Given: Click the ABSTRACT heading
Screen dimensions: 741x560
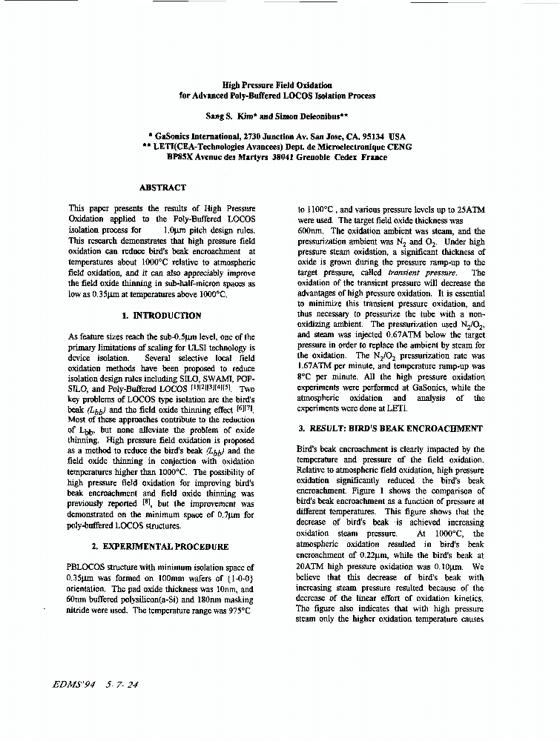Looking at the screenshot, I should pyautogui.click(x=162, y=187).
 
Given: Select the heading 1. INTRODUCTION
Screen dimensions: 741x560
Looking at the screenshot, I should pyautogui.click(x=161, y=315).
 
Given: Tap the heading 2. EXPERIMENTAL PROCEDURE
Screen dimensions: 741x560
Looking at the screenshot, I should pyautogui.click(x=159, y=547).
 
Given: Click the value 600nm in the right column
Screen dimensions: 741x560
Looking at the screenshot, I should pyautogui.click(x=309, y=231).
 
